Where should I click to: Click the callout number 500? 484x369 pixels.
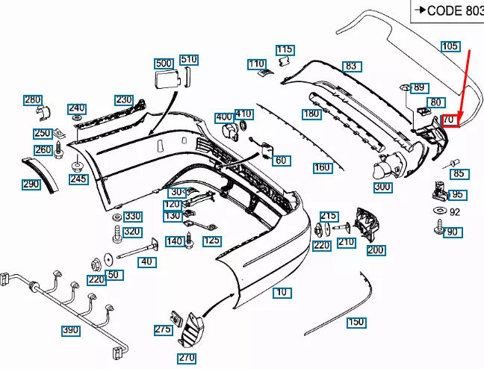point(164,63)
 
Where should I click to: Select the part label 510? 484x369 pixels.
point(189,59)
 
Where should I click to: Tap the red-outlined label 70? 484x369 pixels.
point(448,120)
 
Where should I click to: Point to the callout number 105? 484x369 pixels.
point(450,46)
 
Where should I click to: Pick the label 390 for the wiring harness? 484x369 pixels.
point(70,330)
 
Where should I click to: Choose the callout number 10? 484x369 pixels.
point(281,292)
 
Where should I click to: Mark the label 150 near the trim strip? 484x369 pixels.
point(356,323)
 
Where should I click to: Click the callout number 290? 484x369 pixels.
point(31,184)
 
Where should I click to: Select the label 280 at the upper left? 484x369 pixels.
point(33,100)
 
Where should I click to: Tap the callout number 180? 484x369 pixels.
point(311,114)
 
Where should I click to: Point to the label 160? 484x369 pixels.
point(322,168)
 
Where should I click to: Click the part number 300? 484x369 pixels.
point(382,186)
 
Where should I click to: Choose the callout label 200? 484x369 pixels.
point(376,250)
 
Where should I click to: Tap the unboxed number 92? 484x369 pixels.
point(455,212)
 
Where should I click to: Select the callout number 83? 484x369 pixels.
point(350,66)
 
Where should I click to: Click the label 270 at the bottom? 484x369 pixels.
point(187,358)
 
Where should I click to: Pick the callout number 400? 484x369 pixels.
point(223,117)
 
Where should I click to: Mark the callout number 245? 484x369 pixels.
point(78,179)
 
